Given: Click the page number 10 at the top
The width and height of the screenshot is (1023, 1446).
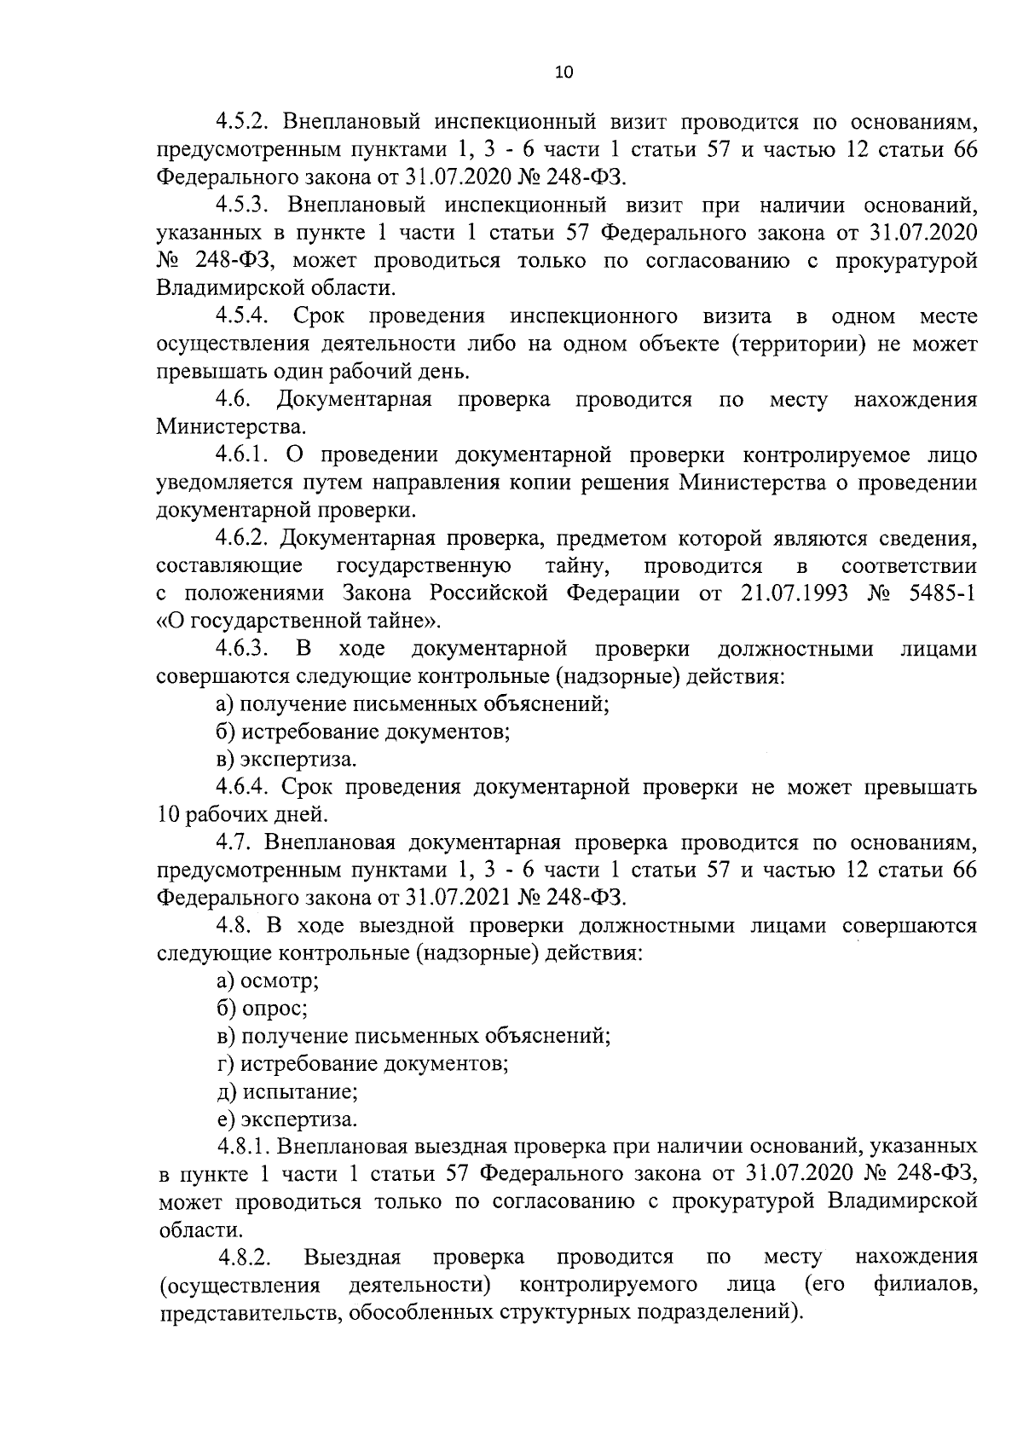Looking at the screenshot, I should [x=564, y=72].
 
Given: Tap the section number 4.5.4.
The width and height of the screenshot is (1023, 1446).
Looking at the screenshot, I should [x=243, y=316].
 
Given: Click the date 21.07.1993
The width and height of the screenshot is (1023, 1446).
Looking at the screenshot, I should [x=791, y=593].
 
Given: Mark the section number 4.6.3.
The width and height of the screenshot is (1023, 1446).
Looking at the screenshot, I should [x=243, y=649].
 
